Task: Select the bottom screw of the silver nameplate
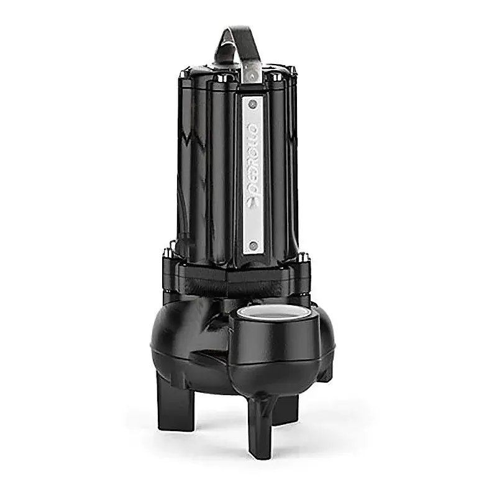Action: (252, 247)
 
